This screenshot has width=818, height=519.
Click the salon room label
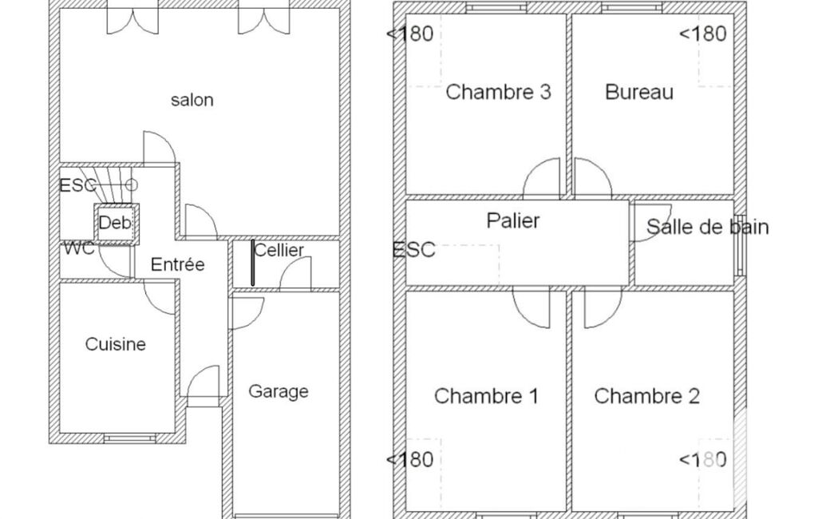(192, 100)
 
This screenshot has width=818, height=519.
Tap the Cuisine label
(115, 344)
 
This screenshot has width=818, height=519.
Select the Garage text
(278, 391)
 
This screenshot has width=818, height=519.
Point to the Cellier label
(279, 250)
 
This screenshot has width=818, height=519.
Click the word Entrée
(177, 264)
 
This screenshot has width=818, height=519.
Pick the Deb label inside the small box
(115, 223)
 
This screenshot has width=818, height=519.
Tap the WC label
(79, 248)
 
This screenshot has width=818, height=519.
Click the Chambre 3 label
(498, 92)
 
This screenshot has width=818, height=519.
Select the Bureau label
(639, 92)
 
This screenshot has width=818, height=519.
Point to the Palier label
(513, 221)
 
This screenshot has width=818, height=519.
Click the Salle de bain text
(707, 227)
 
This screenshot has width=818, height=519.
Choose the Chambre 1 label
(486, 396)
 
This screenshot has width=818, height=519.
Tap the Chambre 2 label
(647, 396)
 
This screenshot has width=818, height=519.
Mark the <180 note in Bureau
(703, 34)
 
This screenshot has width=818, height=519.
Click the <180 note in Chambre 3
(410, 34)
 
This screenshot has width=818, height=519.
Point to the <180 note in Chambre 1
(410, 459)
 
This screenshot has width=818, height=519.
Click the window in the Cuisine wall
(130, 438)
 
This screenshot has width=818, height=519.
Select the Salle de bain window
(740, 245)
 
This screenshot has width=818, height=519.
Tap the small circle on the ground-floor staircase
(132, 184)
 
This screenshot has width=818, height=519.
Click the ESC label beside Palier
(413, 250)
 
